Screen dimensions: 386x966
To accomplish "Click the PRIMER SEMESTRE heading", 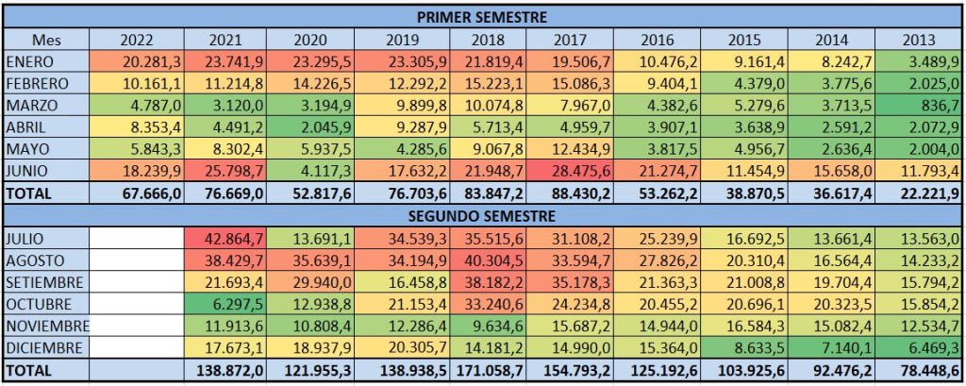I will [482, 16].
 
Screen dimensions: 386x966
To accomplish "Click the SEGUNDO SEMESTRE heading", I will [482, 214].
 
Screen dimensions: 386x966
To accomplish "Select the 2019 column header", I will [403, 39].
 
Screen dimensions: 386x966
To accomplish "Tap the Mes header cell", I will [46, 39].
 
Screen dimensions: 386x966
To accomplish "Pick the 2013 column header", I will [919, 39].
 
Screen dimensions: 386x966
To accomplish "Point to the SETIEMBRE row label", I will [44, 282].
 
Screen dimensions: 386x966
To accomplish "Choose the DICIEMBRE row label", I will [44, 348].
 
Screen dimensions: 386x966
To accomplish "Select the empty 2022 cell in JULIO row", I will [137, 237].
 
